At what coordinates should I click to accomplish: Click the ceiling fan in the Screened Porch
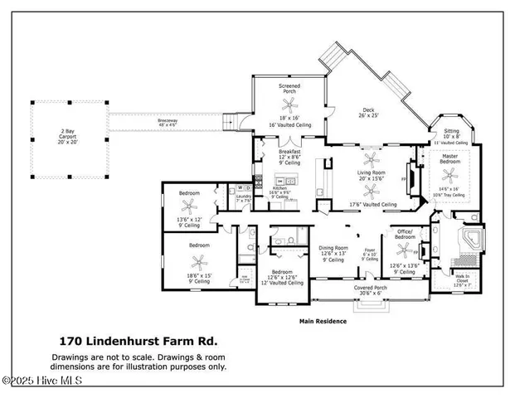pyautogui.click(x=289, y=104)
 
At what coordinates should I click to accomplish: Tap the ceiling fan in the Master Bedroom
pyautogui.click(x=450, y=175)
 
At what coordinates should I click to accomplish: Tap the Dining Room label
pyautogui.click(x=331, y=248)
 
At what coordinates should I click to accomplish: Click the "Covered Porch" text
pyautogui.click(x=367, y=289)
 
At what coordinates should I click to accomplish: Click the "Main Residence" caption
pyautogui.click(x=323, y=321)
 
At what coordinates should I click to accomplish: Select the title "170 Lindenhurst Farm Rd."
pyautogui.click(x=138, y=340)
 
